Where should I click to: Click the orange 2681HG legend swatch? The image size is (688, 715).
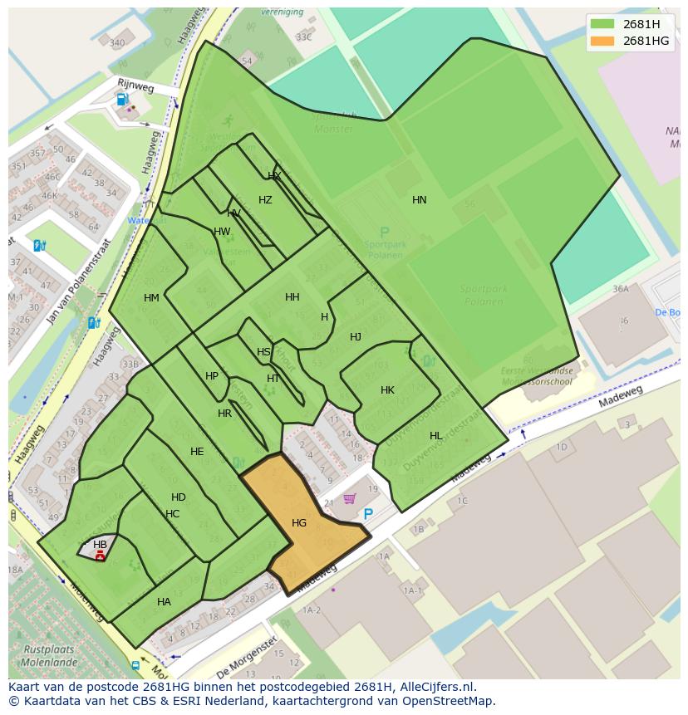pyautogui.click(x=603, y=41)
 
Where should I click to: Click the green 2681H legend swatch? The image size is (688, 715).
pyautogui.click(x=603, y=24)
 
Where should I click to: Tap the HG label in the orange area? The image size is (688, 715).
pyautogui.click(x=299, y=523)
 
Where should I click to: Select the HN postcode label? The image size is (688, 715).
pyautogui.click(x=420, y=200)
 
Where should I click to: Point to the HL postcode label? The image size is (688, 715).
pyautogui.click(x=436, y=436)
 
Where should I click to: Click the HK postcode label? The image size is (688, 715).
pyautogui.click(x=387, y=390)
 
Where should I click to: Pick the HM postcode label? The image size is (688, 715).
pyautogui.click(x=151, y=298)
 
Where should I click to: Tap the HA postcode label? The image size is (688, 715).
pyautogui.click(x=164, y=602)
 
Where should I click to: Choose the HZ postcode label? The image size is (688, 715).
pyautogui.click(x=265, y=200)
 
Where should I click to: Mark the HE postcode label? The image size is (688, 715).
pyautogui.click(x=197, y=452)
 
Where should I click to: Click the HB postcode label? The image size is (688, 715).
pyautogui.click(x=100, y=545)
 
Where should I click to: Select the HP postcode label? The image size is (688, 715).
pyautogui.click(x=212, y=376)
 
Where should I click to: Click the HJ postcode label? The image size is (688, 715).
pyautogui.click(x=356, y=337)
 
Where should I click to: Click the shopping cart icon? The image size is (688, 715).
pyautogui.click(x=350, y=499)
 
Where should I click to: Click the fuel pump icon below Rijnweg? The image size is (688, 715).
pyautogui.click(x=122, y=100)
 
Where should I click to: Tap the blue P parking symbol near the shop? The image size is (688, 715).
pyautogui.click(x=368, y=515)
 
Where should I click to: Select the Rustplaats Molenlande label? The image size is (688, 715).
pyautogui.click(x=48, y=655)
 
